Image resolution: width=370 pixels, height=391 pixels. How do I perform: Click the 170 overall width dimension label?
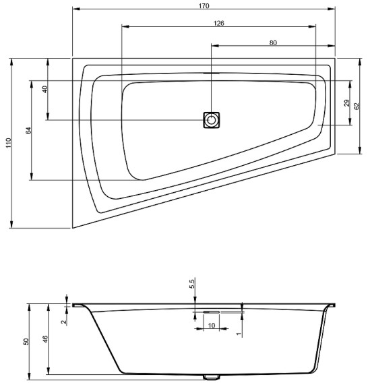point(204,5)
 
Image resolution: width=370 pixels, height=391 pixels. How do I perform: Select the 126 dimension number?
point(218,23)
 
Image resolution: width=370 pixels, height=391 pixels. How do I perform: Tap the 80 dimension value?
point(273,42)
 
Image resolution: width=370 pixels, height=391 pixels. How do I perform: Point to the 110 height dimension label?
point(8,143)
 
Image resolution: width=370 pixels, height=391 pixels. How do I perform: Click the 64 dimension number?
point(28,130)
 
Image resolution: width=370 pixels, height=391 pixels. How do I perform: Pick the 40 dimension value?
point(44,89)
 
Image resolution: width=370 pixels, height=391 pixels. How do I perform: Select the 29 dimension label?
point(346,103)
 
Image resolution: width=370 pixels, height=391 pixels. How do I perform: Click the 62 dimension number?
point(357,107)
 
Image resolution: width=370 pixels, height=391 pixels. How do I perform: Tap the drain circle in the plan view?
point(212,120)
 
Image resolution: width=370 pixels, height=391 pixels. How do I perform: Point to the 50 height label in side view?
point(26,340)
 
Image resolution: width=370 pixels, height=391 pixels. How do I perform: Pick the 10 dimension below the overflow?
point(212,326)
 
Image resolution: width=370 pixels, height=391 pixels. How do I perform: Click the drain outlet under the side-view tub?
point(211,376)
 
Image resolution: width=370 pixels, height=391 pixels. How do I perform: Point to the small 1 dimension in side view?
point(239,332)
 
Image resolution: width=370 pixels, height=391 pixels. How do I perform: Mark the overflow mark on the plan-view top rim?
point(212,73)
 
